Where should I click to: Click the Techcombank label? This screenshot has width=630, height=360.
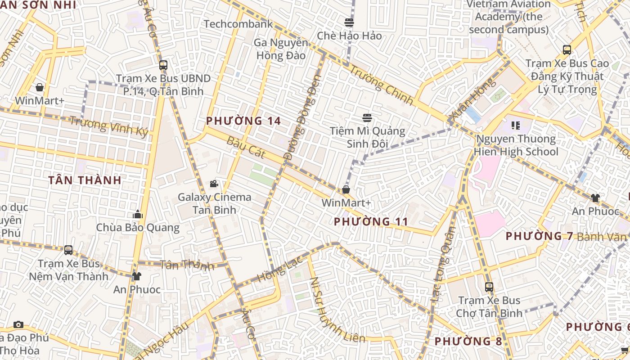tap(238, 24)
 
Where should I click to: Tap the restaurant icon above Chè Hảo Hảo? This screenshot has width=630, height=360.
tap(349, 22)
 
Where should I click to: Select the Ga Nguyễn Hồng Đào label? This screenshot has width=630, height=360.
tap(281, 49)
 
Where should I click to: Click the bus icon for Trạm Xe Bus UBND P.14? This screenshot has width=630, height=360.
tap(163, 65)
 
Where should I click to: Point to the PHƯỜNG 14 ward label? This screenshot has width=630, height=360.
tap(243, 121)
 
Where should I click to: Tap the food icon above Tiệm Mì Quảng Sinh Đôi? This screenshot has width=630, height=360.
tap(367, 118)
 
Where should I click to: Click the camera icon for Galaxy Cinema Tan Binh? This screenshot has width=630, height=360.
tap(214, 184)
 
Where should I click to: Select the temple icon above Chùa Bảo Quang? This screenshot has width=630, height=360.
tap(138, 214)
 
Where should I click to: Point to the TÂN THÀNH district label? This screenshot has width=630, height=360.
tap(85, 180)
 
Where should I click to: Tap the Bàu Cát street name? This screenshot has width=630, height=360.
tap(246, 147)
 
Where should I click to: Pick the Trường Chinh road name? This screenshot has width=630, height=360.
tap(381, 85)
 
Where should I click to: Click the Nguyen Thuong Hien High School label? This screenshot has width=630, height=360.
tap(516, 145)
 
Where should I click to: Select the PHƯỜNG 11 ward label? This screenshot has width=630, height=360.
tap(371, 221)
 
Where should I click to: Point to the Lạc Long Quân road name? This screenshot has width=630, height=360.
tap(443, 264)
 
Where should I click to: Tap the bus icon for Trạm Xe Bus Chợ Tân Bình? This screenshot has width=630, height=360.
tap(489, 287)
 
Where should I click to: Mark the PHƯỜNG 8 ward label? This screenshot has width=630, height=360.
tap(468, 341)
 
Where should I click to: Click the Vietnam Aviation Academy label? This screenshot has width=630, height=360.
tap(508, 17)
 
